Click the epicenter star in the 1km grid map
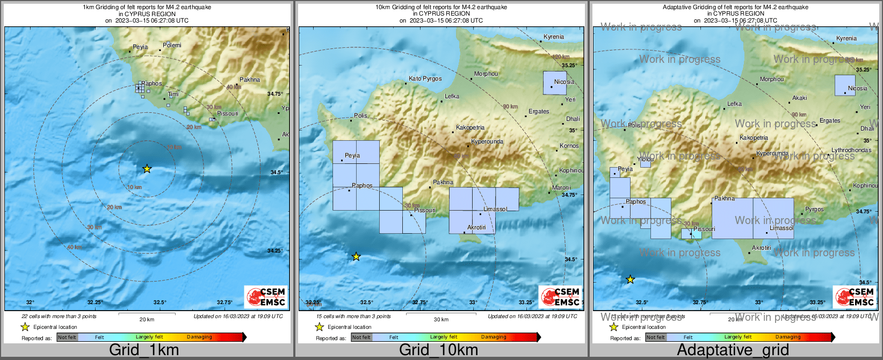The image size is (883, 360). coord(147,169)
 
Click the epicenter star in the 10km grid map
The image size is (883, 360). coord(356,257)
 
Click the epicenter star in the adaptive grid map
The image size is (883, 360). coord(631,280)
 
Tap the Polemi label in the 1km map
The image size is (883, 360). coord(172,46)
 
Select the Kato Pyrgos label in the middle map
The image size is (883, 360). coord(425,79)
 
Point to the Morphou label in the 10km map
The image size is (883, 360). coord(486,74)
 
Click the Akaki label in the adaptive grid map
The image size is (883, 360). coord(800,98)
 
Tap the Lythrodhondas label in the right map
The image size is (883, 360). coord(851,150)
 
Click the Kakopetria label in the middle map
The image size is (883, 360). coord(471,128)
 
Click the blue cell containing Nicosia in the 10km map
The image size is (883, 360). coord(554,83)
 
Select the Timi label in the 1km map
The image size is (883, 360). coord(173,95)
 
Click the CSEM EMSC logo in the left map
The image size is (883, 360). coord(265,297)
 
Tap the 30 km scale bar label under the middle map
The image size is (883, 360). coord(441,320)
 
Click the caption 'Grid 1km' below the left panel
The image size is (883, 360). coord(144,350)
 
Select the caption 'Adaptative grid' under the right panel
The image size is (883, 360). coord(733,350)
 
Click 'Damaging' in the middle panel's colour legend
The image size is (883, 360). coord(494,337)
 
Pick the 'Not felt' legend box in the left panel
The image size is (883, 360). coord(67,337)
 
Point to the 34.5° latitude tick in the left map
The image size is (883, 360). coord(276,172)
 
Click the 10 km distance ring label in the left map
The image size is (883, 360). coord(134,188)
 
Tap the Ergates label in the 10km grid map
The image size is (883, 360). coord(539,112)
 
